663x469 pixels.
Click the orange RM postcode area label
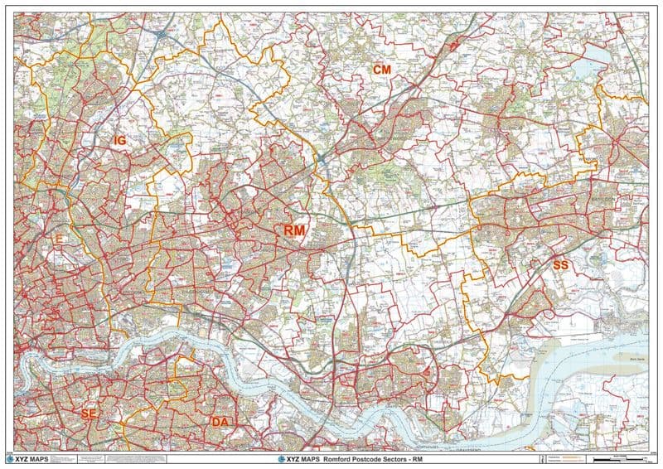pos(293,230)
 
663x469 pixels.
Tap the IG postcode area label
pos(119,142)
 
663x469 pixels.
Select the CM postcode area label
pos(381,70)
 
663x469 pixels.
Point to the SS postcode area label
pos(561,264)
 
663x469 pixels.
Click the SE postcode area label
pos(89,412)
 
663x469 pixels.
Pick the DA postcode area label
pos(220,423)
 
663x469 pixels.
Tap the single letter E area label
pos(59,239)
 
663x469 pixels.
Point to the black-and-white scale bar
pos(622,458)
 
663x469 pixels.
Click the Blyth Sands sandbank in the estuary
pos(627,359)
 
